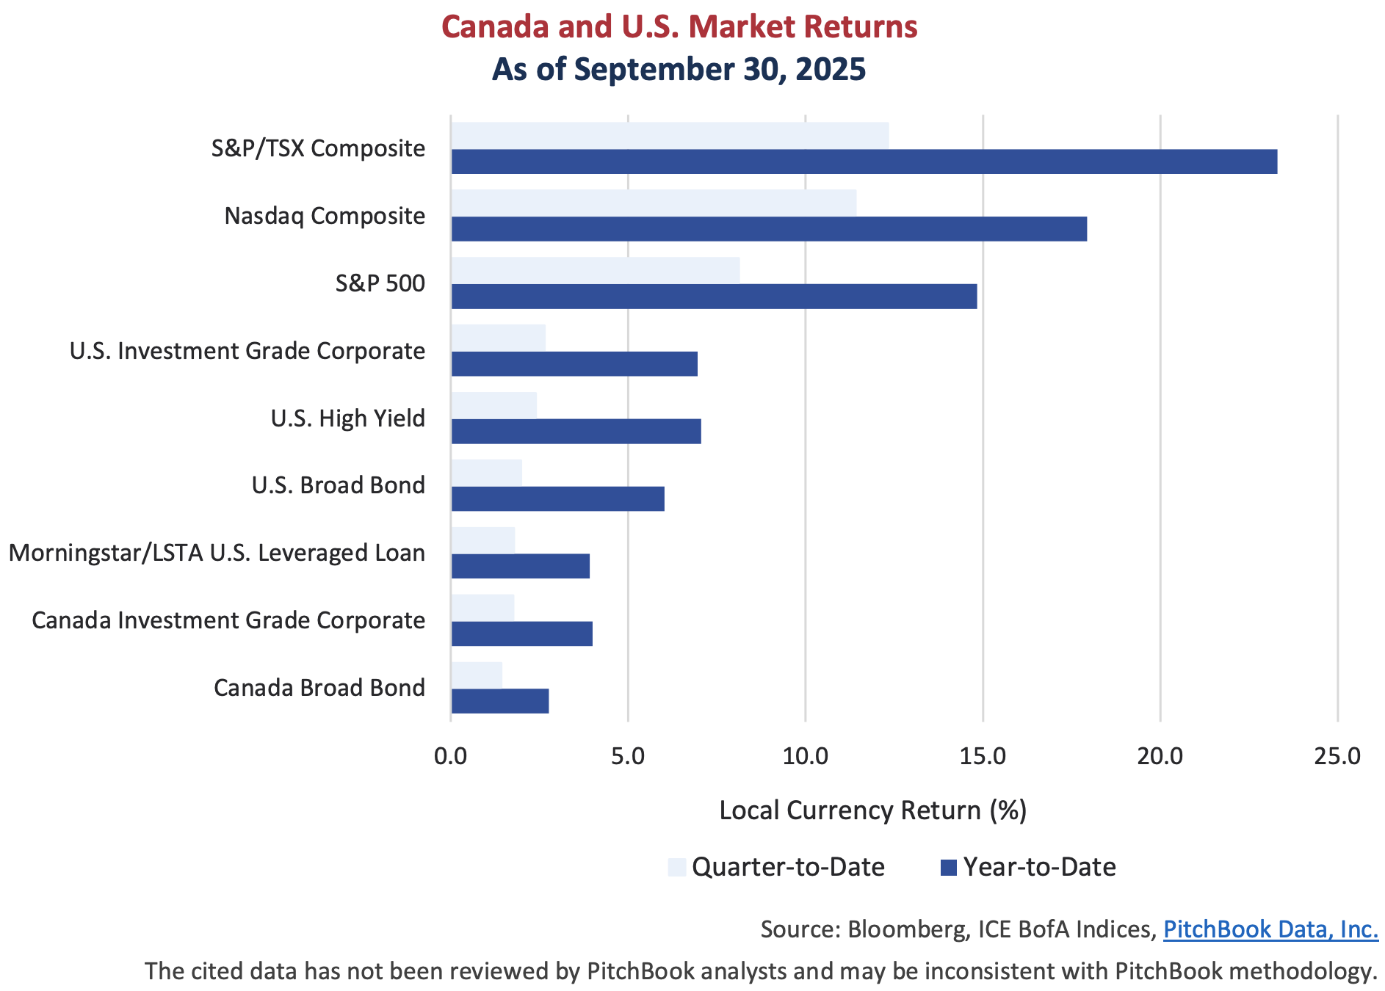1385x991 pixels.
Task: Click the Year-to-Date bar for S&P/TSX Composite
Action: tap(864, 161)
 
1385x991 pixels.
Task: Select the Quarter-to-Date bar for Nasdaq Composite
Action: tap(654, 203)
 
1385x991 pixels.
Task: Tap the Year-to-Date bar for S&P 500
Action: tap(714, 297)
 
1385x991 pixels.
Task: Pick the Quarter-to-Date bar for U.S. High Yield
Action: tap(494, 404)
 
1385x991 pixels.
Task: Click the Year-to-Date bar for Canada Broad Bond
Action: tap(500, 701)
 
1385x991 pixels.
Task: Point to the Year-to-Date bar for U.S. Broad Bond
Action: tap(558, 499)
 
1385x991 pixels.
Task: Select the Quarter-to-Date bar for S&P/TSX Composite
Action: tap(670, 135)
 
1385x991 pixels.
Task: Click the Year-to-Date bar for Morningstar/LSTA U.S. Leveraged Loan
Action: tap(521, 567)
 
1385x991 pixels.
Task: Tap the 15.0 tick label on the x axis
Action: tap(983, 756)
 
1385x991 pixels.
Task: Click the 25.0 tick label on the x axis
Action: tap(1337, 756)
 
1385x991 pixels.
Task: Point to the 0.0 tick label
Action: tap(451, 756)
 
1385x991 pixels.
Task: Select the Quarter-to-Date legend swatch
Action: tap(677, 868)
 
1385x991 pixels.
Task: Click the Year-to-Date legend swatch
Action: tap(948, 868)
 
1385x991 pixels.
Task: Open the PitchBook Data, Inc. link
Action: tap(1270, 929)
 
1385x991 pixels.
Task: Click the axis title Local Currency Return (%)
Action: tap(872, 810)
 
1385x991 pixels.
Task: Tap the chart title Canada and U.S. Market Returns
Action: tap(679, 27)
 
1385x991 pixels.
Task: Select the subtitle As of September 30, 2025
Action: tap(679, 70)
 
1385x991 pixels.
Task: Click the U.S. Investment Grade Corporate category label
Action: tap(247, 351)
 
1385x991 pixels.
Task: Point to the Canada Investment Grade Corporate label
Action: tap(228, 620)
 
